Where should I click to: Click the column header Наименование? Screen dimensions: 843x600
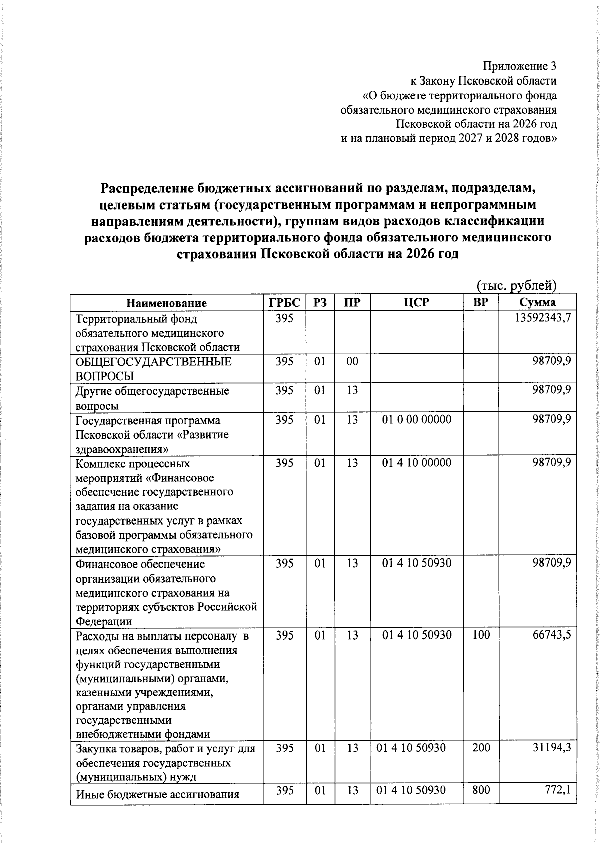(x=166, y=303)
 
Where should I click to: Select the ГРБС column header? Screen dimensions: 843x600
(x=284, y=303)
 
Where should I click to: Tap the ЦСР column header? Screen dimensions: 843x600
(x=416, y=303)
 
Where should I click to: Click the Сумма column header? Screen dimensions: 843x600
(x=537, y=303)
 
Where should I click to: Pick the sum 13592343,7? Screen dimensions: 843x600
(x=543, y=318)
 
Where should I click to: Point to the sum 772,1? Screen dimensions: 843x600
(x=557, y=790)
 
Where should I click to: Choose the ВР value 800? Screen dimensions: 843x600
(x=481, y=790)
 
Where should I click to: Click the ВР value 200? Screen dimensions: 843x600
(x=481, y=748)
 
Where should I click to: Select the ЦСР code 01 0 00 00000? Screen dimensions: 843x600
(x=416, y=419)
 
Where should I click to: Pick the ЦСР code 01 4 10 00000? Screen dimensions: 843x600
(x=416, y=463)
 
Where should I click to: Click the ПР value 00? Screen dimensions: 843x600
(x=352, y=361)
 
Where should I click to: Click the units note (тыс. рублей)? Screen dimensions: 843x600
(x=516, y=286)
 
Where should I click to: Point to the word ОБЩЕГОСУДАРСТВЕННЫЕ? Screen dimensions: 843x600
(x=153, y=362)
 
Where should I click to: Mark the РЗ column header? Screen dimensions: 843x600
(x=320, y=303)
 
